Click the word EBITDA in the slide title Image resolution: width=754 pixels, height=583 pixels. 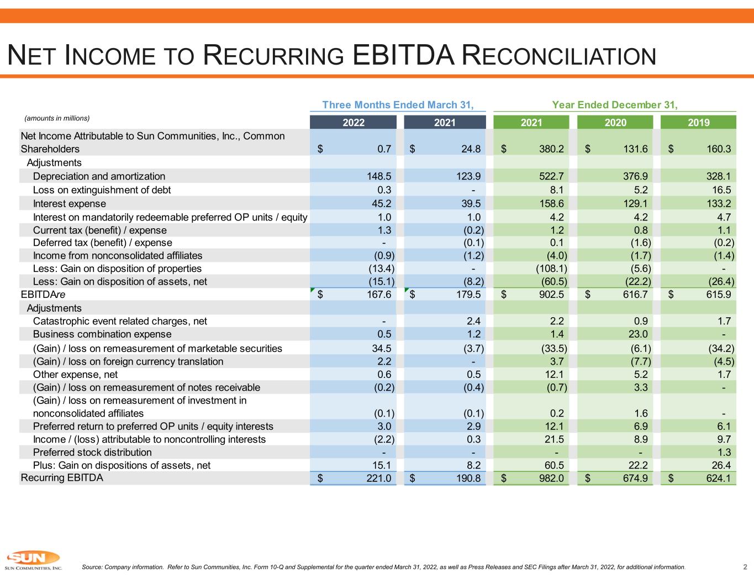click(x=403, y=55)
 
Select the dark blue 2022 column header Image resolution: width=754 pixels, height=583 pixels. click(x=353, y=123)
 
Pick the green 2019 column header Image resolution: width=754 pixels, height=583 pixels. click(x=698, y=123)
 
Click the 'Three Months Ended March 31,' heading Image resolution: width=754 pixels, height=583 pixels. click(x=398, y=105)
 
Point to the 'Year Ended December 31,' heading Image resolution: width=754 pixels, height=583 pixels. click(x=614, y=105)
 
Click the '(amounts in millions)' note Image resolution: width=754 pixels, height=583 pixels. click(x=57, y=118)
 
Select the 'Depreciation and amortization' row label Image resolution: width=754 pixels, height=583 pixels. click(x=99, y=176)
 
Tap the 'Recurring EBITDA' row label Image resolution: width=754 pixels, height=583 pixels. click(x=62, y=478)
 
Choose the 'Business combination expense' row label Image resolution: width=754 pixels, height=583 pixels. click(x=102, y=334)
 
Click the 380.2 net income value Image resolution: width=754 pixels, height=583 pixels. click(x=551, y=149)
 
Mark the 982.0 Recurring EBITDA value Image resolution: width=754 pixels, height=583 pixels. click(x=551, y=478)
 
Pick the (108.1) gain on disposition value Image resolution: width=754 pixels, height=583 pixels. click(x=551, y=269)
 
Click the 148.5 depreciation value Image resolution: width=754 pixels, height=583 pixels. click(x=379, y=176)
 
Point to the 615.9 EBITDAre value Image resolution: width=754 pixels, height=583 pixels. click(x=719, y=295)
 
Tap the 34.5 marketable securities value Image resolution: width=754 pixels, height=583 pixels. click(x=382, y=348)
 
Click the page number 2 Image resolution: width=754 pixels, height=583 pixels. click(x=745, y=567)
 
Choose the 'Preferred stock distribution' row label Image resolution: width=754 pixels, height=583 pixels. click(x=92, y=453)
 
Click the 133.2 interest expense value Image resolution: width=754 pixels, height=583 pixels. click(x=719, y=204)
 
